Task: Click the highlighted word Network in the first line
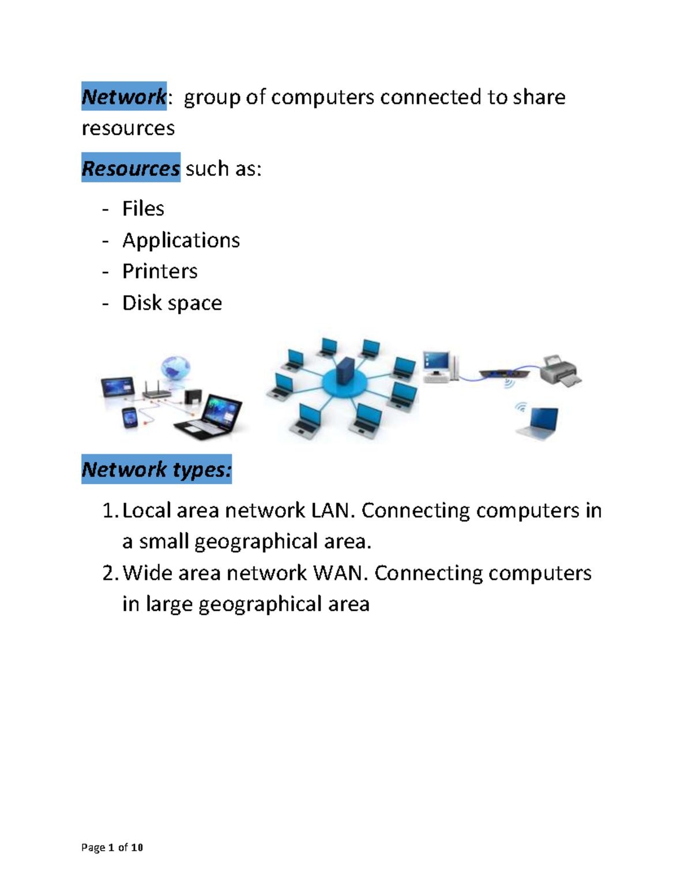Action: click(124, 96)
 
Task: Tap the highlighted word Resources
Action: click(131, 168)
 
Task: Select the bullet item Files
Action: click(143, 209)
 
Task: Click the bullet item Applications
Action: click(181, 240)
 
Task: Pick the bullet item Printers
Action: click(160, 271)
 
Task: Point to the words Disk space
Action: click(172, 303)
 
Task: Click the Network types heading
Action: click(156, 469)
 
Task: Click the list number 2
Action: click(110, 573)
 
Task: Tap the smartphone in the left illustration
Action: click(130, 417)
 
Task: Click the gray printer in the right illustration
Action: click(560, 371)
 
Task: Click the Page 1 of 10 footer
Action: click(112, 847)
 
